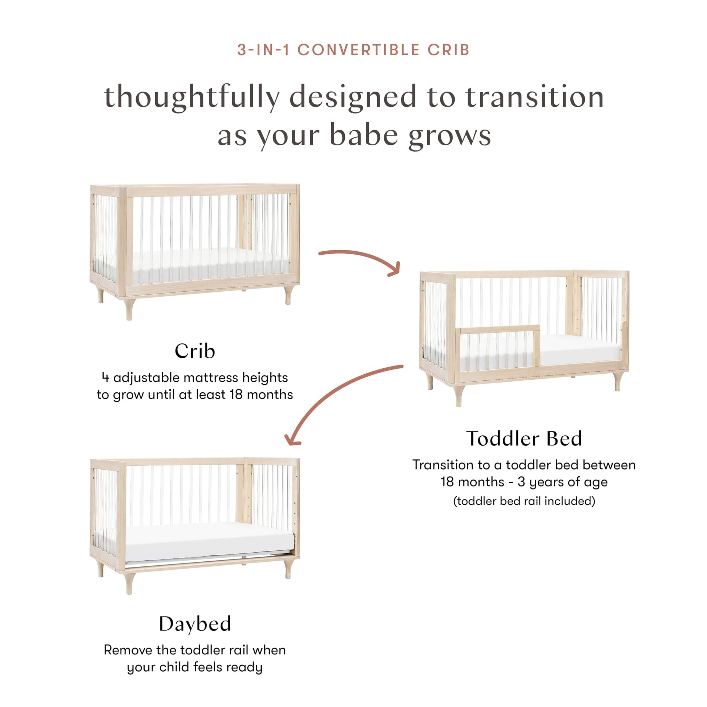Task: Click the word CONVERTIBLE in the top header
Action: (x=359, y=50)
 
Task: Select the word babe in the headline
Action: (x=364, y=135)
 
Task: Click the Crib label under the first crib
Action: (x=195, y=351)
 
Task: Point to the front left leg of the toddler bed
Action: (x=458, y=395)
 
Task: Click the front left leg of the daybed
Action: (x=129, y=583)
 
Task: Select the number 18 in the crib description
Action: (x=236, y=395)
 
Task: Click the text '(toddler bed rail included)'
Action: (x=524, y=501)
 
